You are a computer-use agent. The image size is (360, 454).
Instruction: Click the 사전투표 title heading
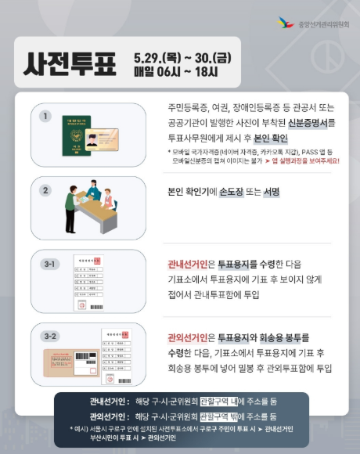pos(70,62)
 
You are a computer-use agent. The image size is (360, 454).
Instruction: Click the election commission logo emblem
pos(286,23)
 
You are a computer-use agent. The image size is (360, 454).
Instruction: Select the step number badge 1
pos(46,117)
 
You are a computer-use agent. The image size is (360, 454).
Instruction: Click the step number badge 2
pos(46,189)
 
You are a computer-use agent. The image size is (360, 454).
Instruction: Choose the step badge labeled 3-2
pos(49,336)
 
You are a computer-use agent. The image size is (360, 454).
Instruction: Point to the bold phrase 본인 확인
pos(270,138)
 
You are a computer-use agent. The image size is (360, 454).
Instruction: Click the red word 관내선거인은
pos(192,265)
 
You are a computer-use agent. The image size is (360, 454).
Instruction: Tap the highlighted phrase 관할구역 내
pos(221,401)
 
